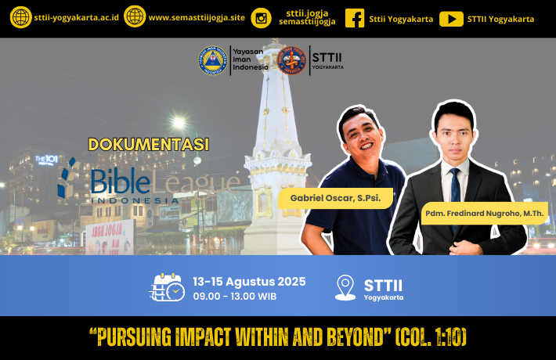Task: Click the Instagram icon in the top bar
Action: [261, 18]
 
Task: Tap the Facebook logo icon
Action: [355, 18]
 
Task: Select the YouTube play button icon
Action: [451, 19]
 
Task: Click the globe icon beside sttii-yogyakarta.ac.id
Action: [21, 17]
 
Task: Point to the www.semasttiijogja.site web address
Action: [197, 18]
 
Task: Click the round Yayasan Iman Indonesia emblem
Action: [212, 60]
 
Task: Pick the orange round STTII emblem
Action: [291, 60]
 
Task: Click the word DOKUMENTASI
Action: [149, 145]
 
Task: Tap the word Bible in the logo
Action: [121, 182]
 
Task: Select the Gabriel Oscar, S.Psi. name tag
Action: [335, 198]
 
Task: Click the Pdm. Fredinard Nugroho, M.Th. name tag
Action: [485, 214]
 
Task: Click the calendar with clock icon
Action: [167, 287]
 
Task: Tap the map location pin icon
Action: [345, 288]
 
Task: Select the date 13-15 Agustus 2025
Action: [249, 282]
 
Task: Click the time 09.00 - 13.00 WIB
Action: [235, 297]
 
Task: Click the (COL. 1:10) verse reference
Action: [431, 337]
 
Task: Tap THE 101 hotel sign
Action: [46, 160]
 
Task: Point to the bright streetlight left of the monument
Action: [179, 123]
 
